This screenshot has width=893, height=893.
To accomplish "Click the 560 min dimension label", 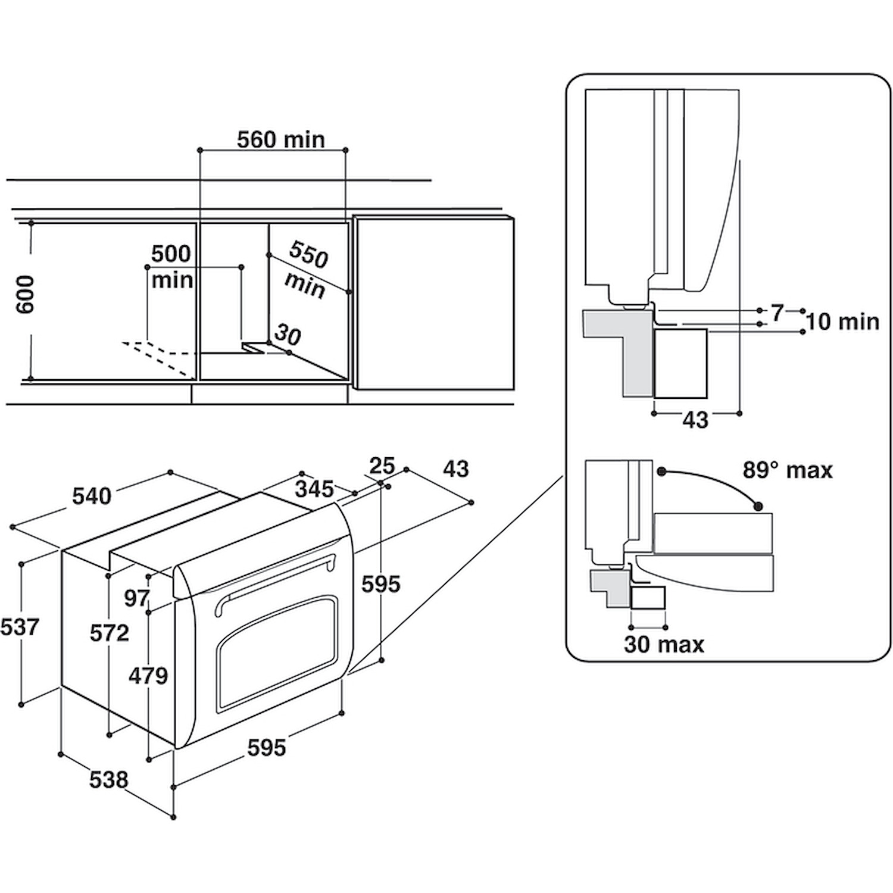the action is pyautogui.click(x=281, y=139).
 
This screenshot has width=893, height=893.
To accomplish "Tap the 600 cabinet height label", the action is pyautogui.click(x=26, y=295).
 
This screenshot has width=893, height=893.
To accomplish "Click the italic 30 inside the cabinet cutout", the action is pyautogui.click(x=288, y=336).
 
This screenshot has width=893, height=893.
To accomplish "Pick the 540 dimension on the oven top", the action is pyautogui.click(x=92, y=495).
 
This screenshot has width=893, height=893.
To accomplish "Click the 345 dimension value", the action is pyautogui.click(x=314, y=489).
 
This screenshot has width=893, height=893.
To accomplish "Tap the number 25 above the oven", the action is pyautogui.click(x=382, y=465).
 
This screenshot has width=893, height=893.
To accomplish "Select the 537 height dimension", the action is pyautogui.click(x=20, y=627).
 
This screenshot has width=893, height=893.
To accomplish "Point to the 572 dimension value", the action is pyautogui.click(x=110, y=633).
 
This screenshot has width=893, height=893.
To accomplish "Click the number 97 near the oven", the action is pyautogui.click(x=136, y=598).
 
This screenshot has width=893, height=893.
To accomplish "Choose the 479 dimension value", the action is pyautogui.click(x=149, y=676).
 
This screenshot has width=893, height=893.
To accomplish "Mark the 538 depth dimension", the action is pyautogui.click(x=109, y=779).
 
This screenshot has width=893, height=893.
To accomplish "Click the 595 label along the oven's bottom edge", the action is pyautogui.click(x=267, y=747).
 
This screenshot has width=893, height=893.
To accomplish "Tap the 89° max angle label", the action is pyautogui.click(x=787, y=470).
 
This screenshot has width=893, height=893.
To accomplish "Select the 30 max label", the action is pyautogui.click(x=664, y=644).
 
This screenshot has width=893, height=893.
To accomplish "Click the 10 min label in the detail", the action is pyautogui.click(x=842, y=321).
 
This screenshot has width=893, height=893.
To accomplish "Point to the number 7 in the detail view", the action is pyautogui.click(x=777, y=313).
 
